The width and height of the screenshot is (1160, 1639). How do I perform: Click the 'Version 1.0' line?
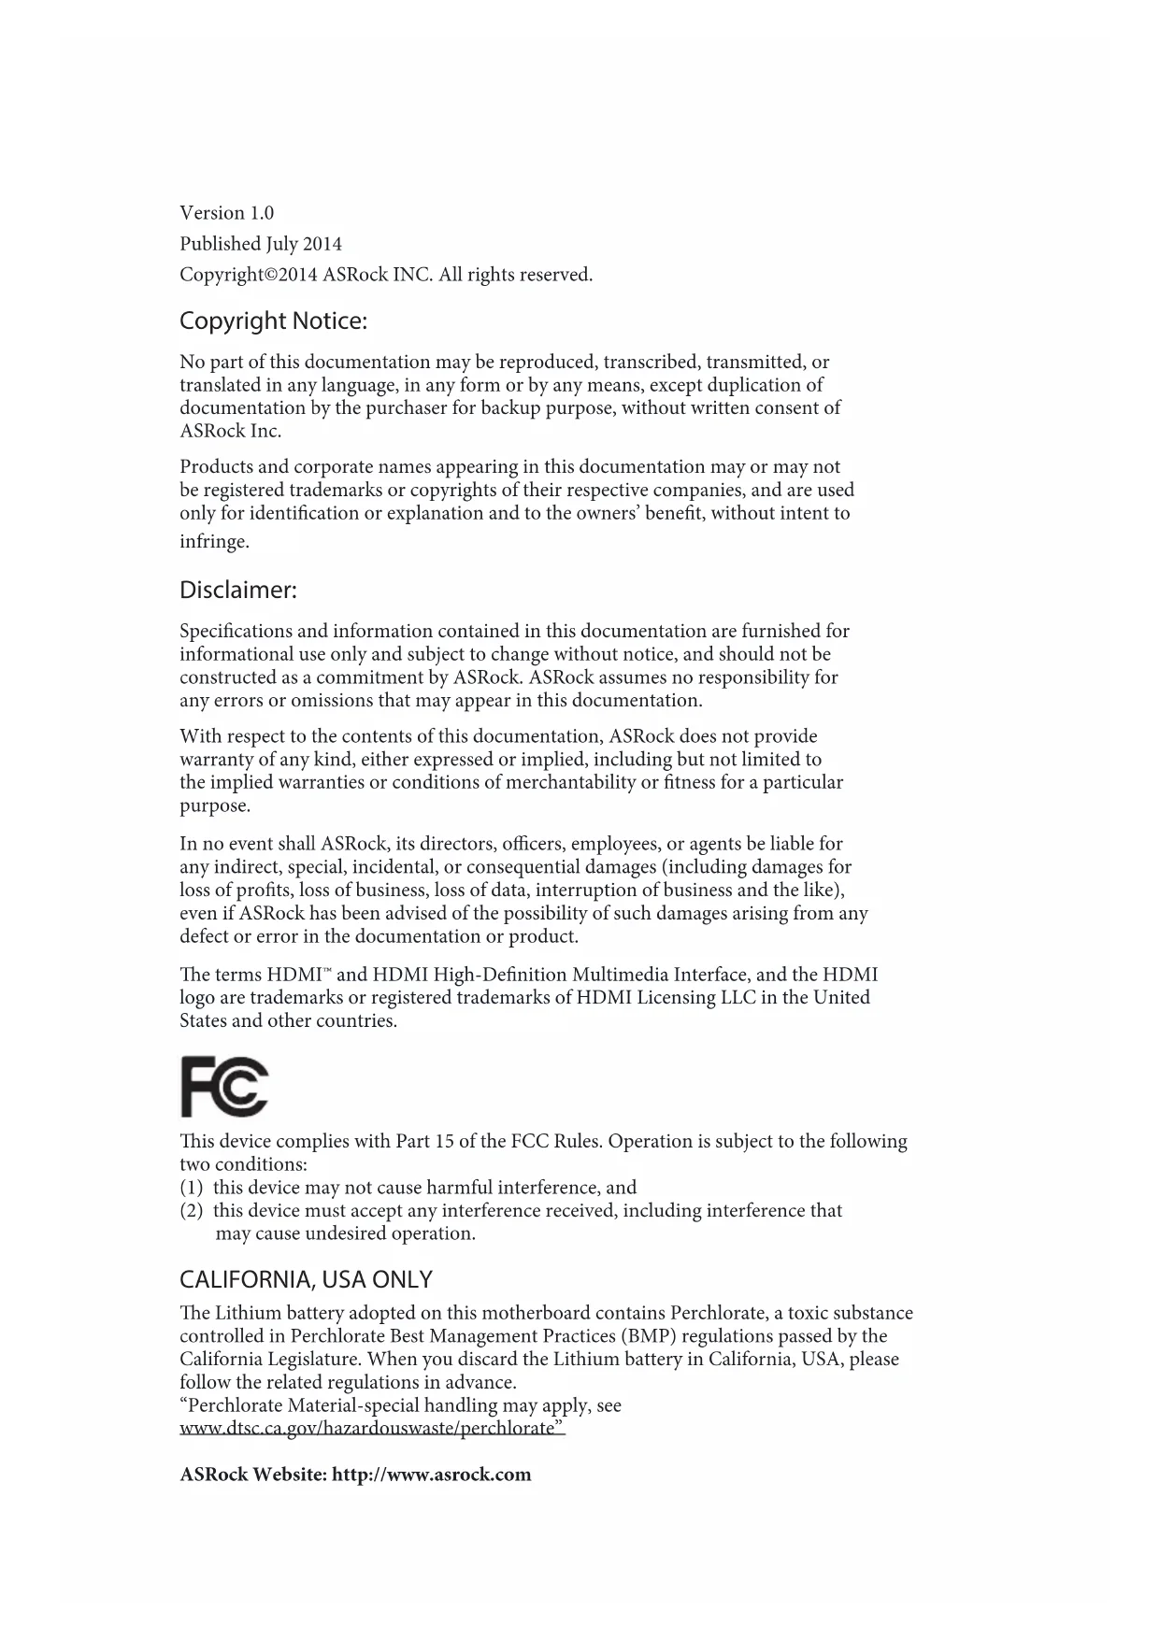tap(226, 213)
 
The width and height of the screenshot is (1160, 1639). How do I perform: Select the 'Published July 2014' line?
tap(261, 244)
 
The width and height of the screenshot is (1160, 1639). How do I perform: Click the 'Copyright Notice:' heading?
tap(273, 321)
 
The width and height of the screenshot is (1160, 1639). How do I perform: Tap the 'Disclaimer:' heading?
tap(238, 591)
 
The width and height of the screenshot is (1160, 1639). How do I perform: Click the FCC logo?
tap(224, 1087)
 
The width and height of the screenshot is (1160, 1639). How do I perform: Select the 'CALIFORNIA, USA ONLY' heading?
tap(306, 1279)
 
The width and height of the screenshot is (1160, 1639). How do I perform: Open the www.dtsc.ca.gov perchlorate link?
tap(372, 1429)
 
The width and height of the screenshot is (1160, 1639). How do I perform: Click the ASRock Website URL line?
tap(355, 1475)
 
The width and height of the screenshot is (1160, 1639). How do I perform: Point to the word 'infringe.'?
tap(214, 542)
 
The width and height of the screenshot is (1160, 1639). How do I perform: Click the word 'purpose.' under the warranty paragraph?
tap(215, 805)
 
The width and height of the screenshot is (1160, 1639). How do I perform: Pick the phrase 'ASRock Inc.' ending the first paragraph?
tap(230, 431)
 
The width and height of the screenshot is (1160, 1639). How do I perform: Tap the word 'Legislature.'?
tap(305, 1360)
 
